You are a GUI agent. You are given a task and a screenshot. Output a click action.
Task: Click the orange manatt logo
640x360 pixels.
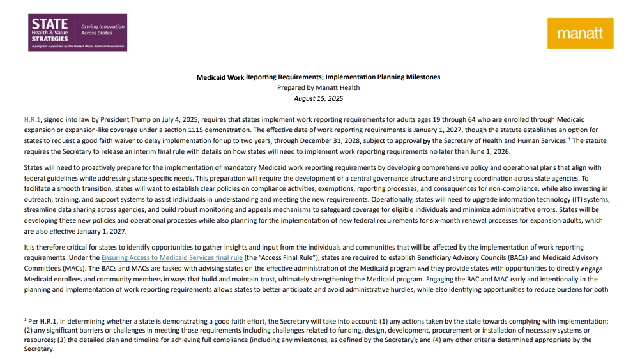[x=580, y=33]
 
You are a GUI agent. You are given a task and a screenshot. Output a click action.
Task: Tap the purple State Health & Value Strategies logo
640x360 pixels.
[x=77, y=33]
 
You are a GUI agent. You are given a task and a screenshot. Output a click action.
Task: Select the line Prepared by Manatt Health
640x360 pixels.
[x=318, y=88]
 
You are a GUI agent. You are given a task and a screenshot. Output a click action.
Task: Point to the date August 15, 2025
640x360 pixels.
[x=318, y=98]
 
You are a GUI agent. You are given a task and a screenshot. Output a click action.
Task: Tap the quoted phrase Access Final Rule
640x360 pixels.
[x=280, y=259]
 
